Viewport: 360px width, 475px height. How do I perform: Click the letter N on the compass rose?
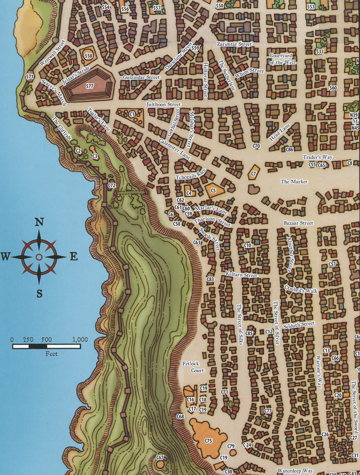(39, 222)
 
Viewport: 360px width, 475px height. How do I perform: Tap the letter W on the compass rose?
(6, 257)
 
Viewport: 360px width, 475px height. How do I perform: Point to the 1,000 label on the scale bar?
(80, 340)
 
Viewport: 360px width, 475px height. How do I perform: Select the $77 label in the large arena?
(90, 86)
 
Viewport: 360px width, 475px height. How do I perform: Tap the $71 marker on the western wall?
(30, 76)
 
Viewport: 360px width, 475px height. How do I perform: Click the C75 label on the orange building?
(208, 441)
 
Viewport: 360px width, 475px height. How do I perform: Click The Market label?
(294, 181)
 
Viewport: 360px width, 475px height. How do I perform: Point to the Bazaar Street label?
(298, 223)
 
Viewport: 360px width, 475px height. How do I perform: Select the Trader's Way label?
(317, 157)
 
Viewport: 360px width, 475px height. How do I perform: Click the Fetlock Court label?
(193, 367)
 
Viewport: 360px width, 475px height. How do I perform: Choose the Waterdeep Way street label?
(295, 470)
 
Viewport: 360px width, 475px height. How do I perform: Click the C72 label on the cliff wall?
(112, 185)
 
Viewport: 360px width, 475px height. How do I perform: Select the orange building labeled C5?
(213, 190)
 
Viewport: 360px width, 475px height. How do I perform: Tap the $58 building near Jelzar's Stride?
(88, 56)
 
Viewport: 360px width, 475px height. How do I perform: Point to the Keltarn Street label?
(242, 275)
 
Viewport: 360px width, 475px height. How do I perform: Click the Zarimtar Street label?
(234, 44)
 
